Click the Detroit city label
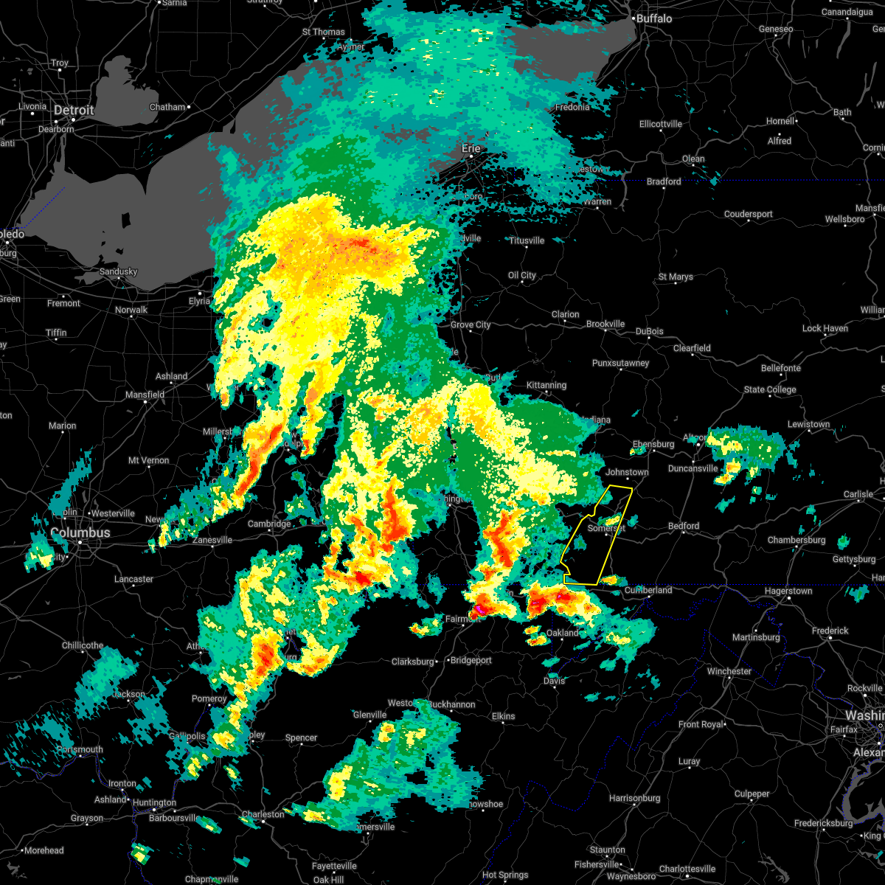pos(74,111)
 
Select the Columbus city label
pos(80,532)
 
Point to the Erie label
pos(471,148)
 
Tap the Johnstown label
pos(627,472)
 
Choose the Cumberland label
pos(648,590)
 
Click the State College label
pos(770,389)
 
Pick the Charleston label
pos(263,814)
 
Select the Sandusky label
pos(119,271)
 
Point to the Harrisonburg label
pos(634,798)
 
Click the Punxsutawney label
pos(621,363)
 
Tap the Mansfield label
pos(145,395)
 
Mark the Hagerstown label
pos(788,591)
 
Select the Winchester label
pos(729,671)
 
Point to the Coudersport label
pos(748,214)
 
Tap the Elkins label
pos(503,716)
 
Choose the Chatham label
pos(167,107)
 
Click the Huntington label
pos(155,802)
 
